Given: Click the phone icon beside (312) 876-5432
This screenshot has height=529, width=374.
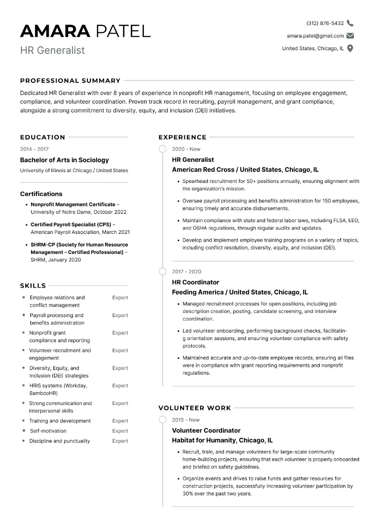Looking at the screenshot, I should click(350, 23).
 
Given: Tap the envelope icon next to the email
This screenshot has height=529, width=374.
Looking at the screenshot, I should click(350, 36).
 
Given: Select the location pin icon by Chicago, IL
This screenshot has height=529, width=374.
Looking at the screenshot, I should click(350, 48).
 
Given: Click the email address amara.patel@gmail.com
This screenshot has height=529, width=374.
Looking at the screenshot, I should click(315, 36).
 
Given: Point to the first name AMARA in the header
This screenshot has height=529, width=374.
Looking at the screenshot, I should click(55, 31).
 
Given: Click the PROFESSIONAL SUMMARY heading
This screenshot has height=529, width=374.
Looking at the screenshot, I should click(70, 80).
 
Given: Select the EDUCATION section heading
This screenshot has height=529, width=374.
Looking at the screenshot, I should click(43, 137).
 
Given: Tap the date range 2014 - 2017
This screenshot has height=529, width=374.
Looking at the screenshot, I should click(34, 149).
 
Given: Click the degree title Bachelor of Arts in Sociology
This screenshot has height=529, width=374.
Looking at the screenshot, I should click(64, 160).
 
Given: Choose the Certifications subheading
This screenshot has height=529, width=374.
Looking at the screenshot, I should click(41, 194).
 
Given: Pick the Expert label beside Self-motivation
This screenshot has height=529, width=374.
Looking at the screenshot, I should click(120, 431).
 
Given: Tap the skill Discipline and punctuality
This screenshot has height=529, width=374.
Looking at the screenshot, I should click(59, 441).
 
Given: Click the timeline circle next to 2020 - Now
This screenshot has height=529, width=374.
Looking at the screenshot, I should click(163, 149).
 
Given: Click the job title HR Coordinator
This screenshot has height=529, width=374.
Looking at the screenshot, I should click(195, 282).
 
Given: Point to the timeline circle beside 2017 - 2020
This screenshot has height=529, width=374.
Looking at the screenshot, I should click(163, 272).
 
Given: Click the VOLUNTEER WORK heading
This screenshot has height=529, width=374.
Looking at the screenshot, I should click(194, 408).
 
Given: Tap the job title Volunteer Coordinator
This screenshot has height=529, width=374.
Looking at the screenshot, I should click(206, 430).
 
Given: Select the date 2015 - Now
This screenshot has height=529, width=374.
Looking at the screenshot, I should click(186, 420).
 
